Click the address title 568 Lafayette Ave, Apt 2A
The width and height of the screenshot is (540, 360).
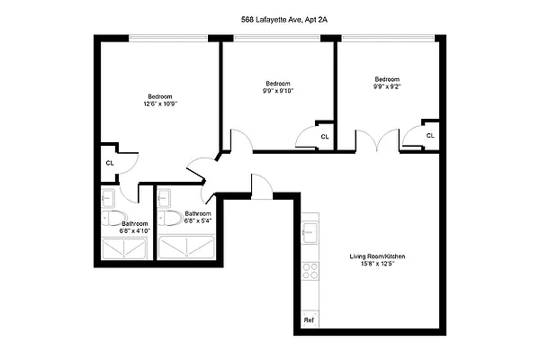(x=270, y=17)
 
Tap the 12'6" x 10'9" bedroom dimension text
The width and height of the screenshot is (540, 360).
(x=160, y=104)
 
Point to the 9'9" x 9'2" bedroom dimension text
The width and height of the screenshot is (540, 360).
(x=387, y=86)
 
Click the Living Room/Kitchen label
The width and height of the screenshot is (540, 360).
(x=378, y=257)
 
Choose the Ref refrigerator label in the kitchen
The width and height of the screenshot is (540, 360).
(x=309, y=319)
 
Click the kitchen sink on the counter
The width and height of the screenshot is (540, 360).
(x=310, y=233)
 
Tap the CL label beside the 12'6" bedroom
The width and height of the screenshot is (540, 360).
(x=110, y=163)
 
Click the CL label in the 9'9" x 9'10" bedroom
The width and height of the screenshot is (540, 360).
(x=323, y=137)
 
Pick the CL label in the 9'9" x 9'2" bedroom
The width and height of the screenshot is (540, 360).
(x=430, y=136)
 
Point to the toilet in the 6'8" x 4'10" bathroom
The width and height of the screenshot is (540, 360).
(x=109, y=218)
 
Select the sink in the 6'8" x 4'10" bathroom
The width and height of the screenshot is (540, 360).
(x=107, y=197)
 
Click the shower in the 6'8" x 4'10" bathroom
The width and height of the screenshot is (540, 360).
(x=126, y=247)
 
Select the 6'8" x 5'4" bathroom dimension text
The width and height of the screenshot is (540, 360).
(x=198, y=220)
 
